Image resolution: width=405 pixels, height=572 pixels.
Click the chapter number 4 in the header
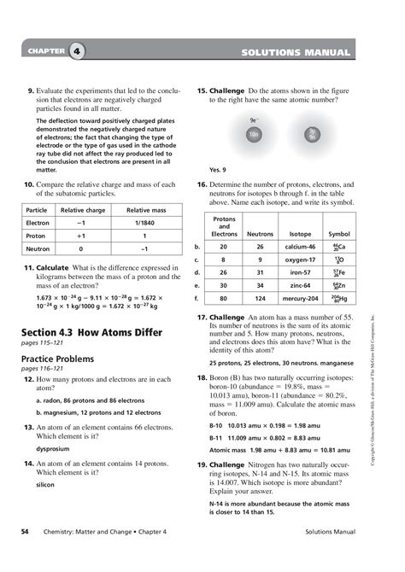click(x=78, y=53)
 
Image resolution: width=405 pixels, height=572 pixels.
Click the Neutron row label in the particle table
click(x=38, y=248)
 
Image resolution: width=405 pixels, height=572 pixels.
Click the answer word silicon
click(x=44, y=484)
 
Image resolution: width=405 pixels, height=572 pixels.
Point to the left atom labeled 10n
click(x=254, y=134)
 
